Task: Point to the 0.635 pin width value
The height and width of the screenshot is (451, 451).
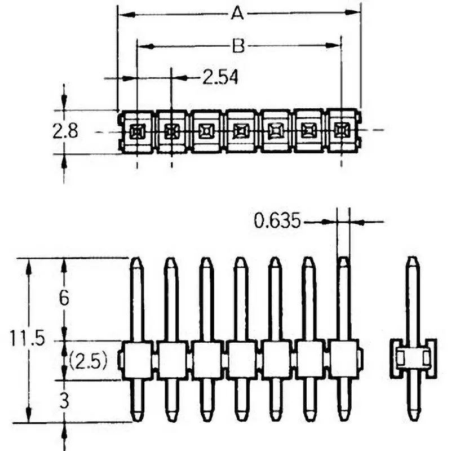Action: coord(276,221)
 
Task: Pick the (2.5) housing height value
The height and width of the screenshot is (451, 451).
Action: coord(89,360)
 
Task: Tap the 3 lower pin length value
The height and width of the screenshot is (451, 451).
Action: coord(64,401)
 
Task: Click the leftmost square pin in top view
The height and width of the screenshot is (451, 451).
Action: coord(137,132)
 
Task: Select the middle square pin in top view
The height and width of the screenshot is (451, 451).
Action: coord(239,132)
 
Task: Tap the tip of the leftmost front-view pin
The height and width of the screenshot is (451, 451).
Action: coord(136,260)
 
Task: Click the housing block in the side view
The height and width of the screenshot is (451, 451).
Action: coord(413,359)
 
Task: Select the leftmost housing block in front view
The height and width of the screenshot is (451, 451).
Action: coord(137,360)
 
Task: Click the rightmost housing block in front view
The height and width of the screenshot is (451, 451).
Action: coord(343,360)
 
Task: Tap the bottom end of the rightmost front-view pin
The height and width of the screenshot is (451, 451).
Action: coord(343,418)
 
